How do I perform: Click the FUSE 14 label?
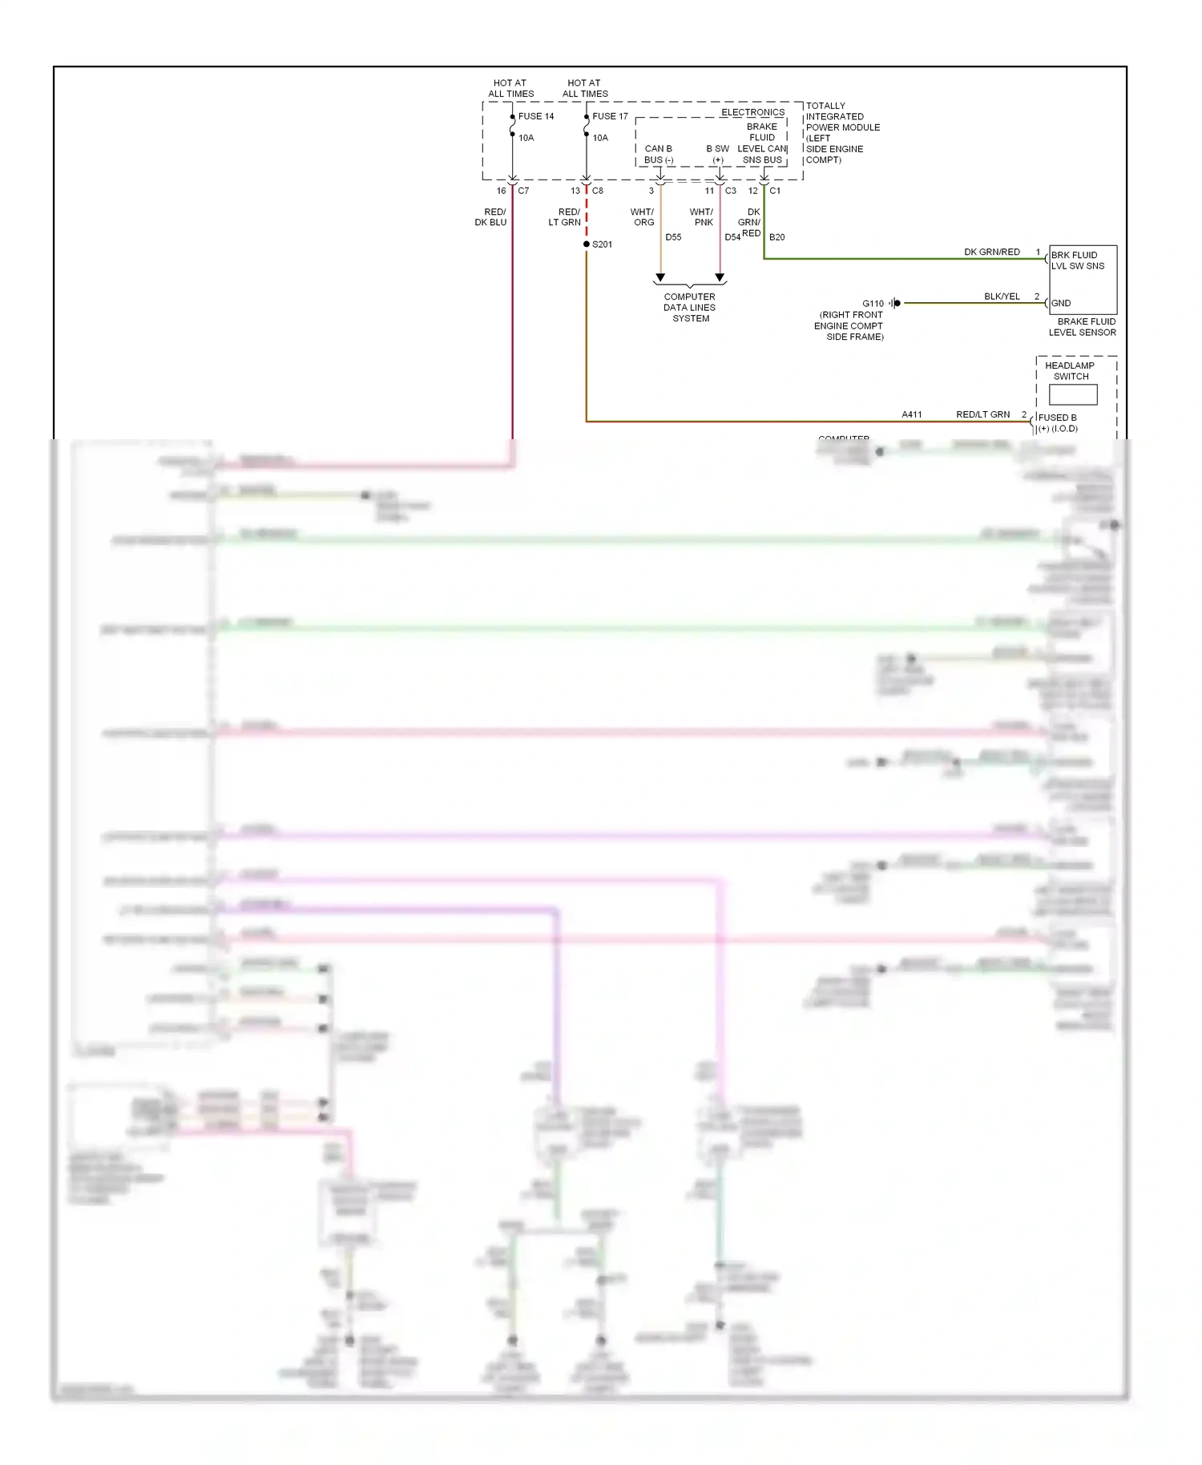point(535,116)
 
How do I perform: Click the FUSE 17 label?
point(610,116)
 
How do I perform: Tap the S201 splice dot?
point(587,244)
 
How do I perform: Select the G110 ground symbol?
point(896,303)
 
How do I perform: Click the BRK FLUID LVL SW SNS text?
point(1077,260)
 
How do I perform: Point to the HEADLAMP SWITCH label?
point(1070,371)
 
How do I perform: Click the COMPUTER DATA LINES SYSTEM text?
point(690,308)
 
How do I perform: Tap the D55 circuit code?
point(673,237)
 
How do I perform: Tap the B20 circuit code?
point(776,237)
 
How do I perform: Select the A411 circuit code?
point(912,414)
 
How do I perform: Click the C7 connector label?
point(523,191)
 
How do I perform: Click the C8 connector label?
point(598,191)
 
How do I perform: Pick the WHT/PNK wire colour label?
point(702,217)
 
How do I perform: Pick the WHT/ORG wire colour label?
point(643,217)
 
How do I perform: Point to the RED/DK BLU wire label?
point(491,217)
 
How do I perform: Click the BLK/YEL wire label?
point(1002,297)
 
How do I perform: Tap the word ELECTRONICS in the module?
point(752,112)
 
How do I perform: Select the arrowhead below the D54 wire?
point(720,278)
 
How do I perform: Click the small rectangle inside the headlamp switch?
point(1073,394)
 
